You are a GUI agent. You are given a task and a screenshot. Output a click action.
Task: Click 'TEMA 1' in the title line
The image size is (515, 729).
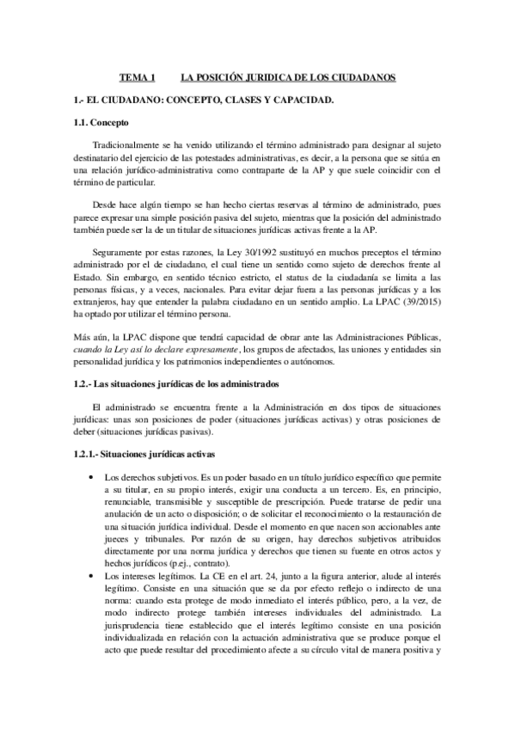136,78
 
